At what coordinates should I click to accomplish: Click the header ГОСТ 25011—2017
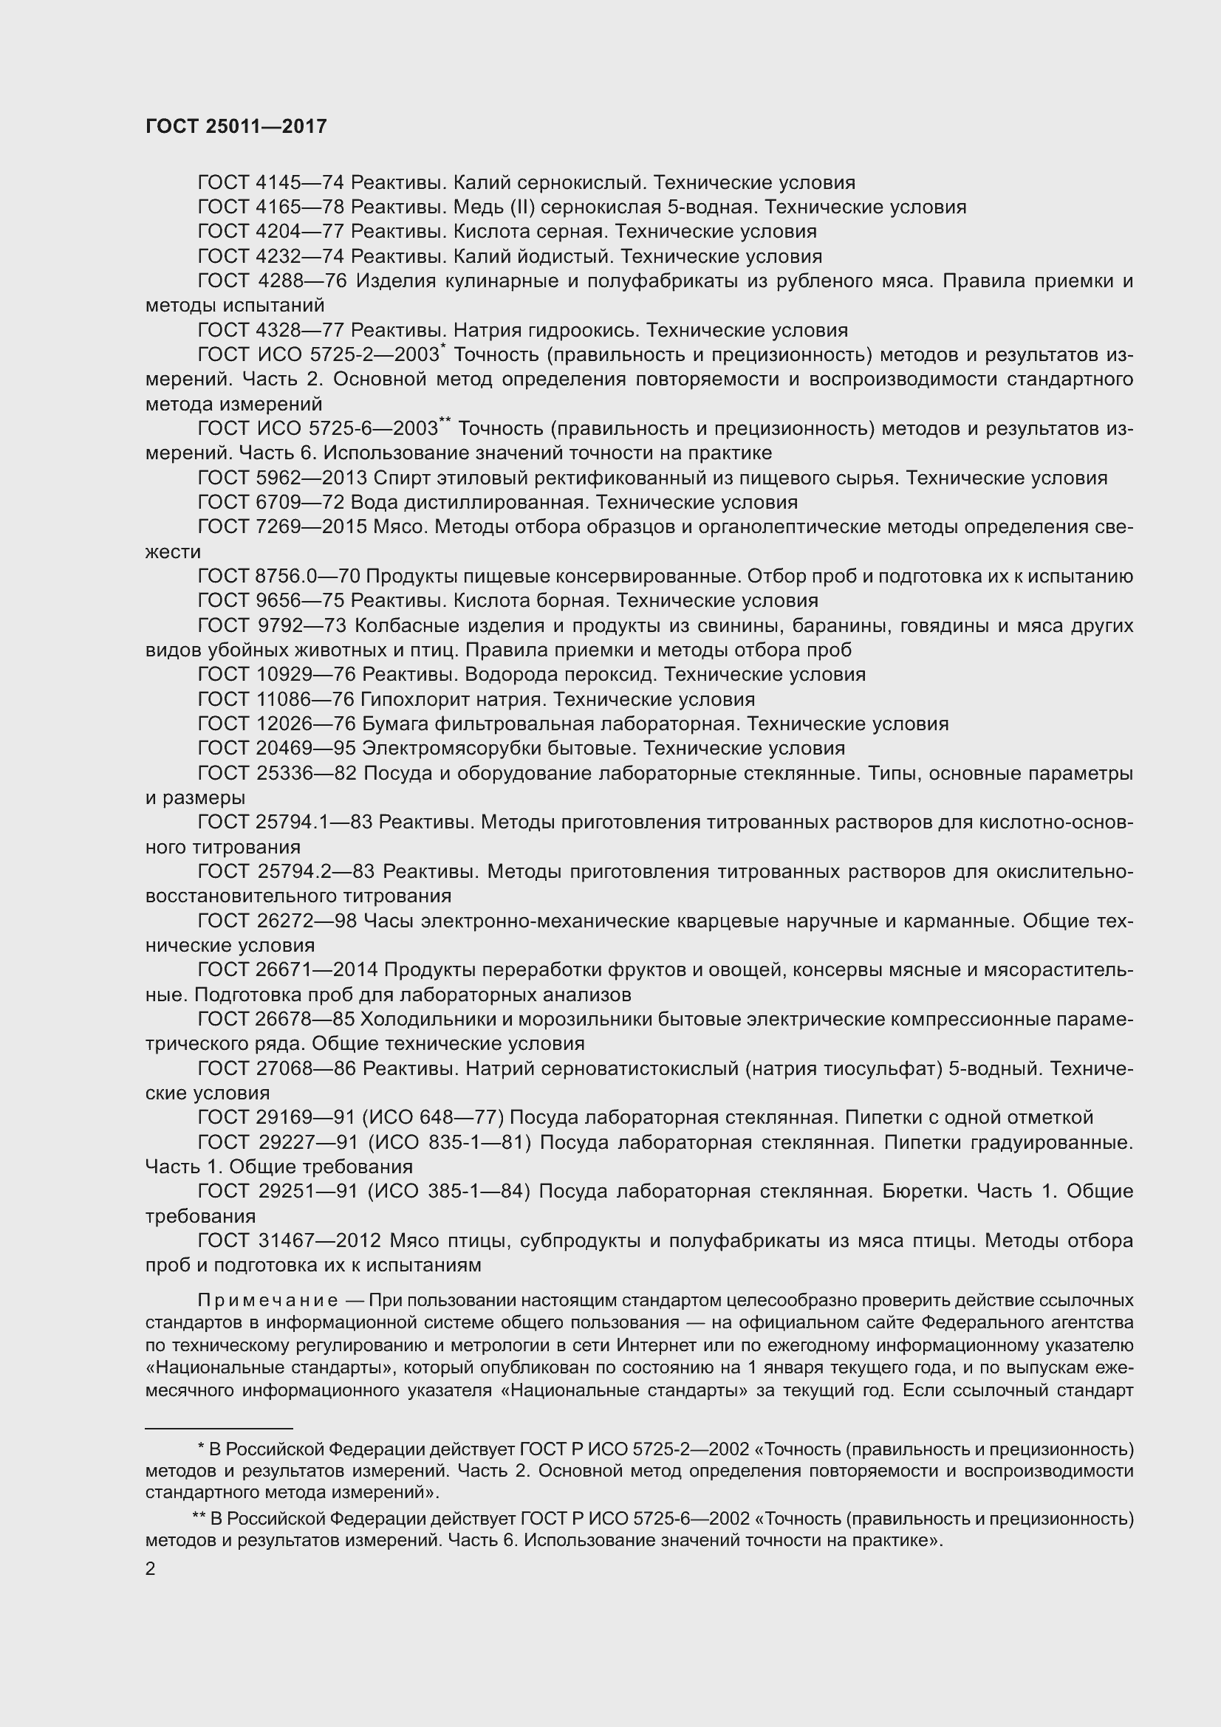[236, 126]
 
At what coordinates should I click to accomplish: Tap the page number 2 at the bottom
[151, 1568]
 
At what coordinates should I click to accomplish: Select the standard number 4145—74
[300, 183]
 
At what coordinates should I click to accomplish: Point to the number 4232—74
[300, 256]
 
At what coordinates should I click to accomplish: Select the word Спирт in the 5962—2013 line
[397, 478]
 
